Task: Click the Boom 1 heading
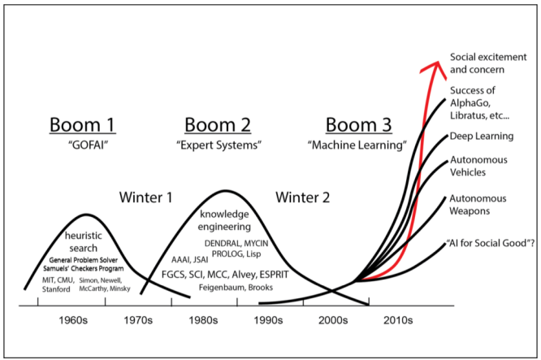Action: coord(84,125)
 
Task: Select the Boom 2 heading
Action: coord(218,125)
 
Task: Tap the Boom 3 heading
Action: coord(358,125)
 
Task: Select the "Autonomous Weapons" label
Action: coord(480,204)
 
